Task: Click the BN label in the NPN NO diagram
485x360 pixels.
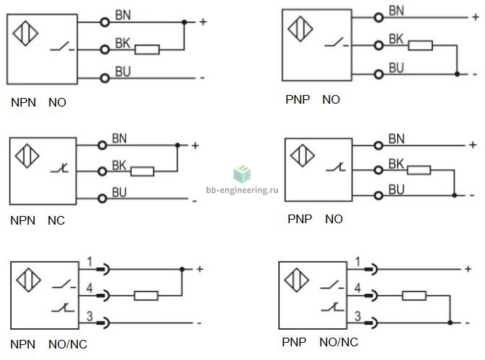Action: (123, 15)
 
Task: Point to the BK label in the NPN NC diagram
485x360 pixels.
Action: (119, 166)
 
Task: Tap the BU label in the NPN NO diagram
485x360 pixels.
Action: (123, 71)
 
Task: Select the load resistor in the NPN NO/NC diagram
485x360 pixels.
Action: (146, 296)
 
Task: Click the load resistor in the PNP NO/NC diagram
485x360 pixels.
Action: (414, 296)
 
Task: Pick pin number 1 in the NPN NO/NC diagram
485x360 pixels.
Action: (89, 262)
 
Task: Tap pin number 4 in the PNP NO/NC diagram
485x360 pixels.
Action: (357, 288)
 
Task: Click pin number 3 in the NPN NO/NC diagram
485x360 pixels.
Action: (89, 316)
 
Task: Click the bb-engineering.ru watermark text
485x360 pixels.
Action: (242, 190)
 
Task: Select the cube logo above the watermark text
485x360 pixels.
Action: (242, 174)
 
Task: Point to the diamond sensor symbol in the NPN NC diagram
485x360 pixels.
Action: (27, 156)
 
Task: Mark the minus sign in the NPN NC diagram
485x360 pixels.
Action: (195, 202)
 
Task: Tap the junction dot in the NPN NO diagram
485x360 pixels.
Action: (184, 22)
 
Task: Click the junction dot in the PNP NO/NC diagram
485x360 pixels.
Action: (450, 323)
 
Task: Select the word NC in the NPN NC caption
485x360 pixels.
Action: (56, 220)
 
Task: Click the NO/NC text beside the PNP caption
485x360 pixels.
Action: (339, 342)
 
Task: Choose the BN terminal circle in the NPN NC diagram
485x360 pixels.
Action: (102, 145)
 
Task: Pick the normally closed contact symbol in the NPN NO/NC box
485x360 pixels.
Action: (63, 307)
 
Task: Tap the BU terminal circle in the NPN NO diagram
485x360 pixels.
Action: (105, 78)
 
